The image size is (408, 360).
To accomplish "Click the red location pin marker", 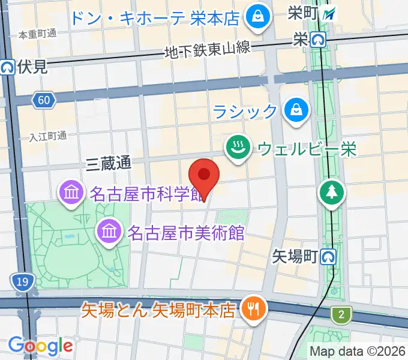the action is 204,176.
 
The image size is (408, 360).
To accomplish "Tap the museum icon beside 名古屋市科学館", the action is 71,193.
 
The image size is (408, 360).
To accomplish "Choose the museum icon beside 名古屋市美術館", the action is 109,231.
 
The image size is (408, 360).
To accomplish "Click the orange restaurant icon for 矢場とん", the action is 250,310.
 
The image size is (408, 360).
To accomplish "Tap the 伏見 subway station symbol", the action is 8,67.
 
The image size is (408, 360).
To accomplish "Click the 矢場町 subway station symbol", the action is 328,257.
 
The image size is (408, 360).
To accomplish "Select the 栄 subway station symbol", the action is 318,40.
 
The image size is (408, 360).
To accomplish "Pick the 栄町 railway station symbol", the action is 329,13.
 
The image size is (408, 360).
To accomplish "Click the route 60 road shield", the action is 43,100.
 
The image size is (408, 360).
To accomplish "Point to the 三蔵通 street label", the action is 108,162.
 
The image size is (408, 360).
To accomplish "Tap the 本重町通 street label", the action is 37,34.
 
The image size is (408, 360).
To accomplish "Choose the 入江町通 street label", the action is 47,136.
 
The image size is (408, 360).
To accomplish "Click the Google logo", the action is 40,346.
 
